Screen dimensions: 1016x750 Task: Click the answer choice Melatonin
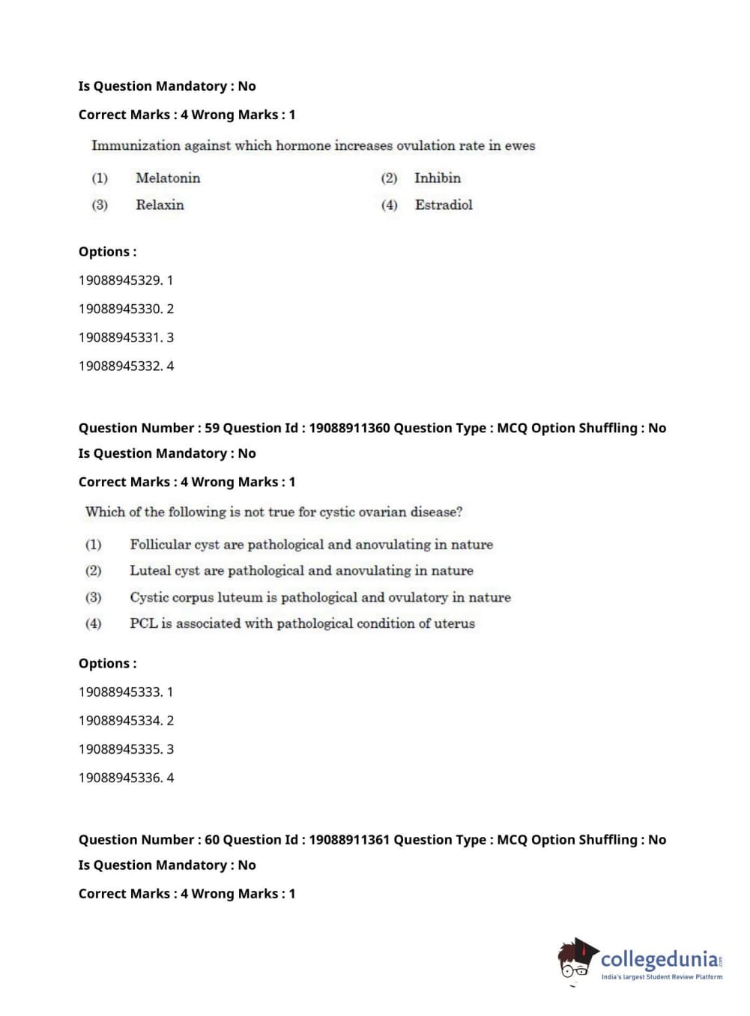168,178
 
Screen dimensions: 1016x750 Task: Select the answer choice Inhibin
438,178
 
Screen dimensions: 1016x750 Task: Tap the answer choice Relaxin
160,205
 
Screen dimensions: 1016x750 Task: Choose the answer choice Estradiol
444,205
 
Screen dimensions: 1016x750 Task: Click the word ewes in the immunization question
520,146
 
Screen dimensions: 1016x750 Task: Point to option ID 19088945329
120,280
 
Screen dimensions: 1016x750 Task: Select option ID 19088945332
120,366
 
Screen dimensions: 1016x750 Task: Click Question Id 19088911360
349,428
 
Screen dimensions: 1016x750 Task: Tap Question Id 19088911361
349,840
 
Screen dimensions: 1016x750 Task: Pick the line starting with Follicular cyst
311,545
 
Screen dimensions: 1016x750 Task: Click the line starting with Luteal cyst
301,571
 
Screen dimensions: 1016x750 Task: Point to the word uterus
455,623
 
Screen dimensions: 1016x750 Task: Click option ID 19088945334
120,721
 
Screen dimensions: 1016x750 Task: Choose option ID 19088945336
120,778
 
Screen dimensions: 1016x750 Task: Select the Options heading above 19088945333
107,664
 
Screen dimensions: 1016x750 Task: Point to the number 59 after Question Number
212,428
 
